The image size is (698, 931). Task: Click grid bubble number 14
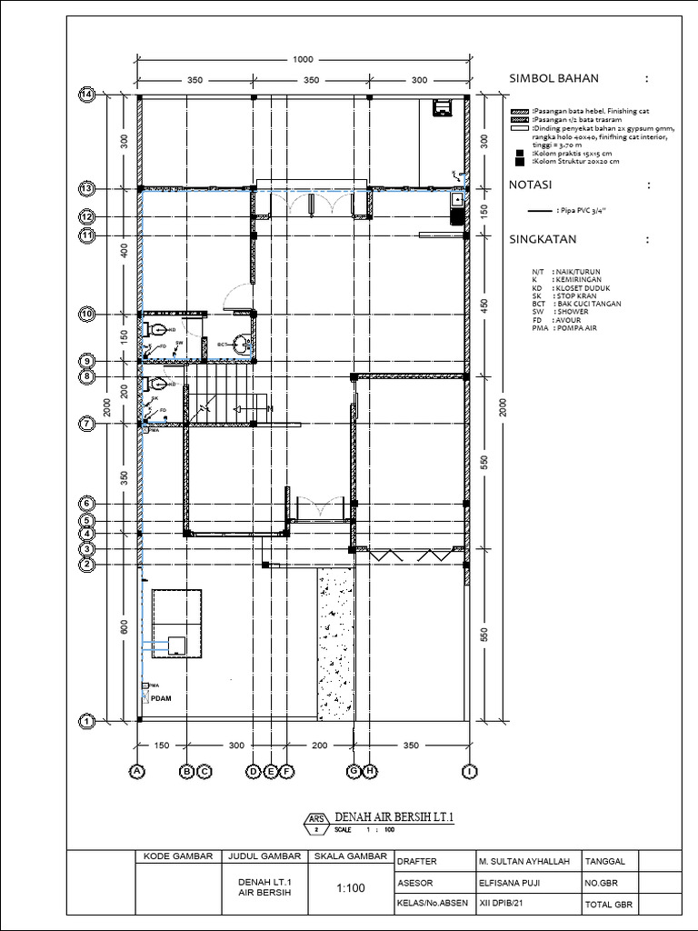click(x=88, y=95)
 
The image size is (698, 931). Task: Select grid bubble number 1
click(x=88, y=721)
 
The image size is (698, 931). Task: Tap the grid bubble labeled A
click(x=138, y=772)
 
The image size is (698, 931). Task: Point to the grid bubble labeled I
click(x=468, y=772)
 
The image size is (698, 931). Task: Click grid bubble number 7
click(x=88, y=424)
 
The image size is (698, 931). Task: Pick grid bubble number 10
click(x=88, y=314)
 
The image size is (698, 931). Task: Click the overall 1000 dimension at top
click(x=303, y=60)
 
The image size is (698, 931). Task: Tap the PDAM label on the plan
click(x=160, y=698)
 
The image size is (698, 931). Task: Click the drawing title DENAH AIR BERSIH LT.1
click(x=394, y=817)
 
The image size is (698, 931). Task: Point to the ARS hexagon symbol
click(x=316, y=823)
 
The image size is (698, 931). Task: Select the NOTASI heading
click(x=532, y=185)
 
